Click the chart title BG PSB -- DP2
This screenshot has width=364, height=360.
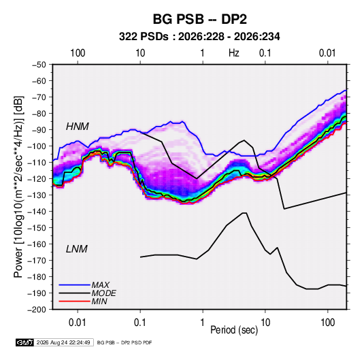pos(199,19)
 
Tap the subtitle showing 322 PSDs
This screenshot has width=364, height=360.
pos(199,37)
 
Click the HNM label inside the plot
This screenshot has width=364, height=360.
pos(78,127)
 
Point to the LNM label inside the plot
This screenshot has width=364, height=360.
pos(77,249)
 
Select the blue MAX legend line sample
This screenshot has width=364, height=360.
pos(74,285)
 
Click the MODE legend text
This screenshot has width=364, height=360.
pos(103,293)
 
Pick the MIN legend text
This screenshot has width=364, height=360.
pos(99,301)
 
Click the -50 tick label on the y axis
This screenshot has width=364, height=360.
pos(39,65)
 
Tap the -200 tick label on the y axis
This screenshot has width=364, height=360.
pos(37,310)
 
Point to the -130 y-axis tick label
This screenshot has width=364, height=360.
pos(37,195)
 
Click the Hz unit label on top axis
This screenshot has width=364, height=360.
pos(234,53)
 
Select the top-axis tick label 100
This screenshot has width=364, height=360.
pos(78,53)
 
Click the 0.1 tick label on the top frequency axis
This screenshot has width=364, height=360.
pos(265,53)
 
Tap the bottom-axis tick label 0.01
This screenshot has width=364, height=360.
pos(78,323)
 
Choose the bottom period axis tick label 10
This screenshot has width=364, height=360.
pos(265,323)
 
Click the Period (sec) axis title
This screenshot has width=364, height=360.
pos(234,330)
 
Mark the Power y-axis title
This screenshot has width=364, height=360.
pos(18,186)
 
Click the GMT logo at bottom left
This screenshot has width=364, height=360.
pos(24,342)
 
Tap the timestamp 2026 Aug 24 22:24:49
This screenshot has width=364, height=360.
pos(63,342)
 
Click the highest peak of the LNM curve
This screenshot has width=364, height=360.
pos(245,213)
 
